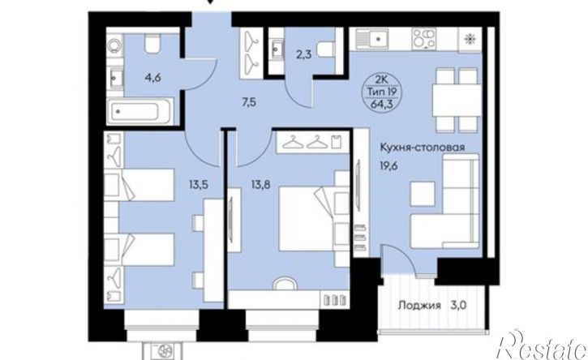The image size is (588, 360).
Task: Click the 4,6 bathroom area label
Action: pos(153,79)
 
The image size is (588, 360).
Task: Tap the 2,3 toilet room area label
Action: pos(304,55)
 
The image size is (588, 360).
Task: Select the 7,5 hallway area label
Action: pos(249,102)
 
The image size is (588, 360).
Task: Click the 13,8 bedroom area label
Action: pos(261,185)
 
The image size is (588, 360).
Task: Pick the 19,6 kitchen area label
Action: pos(389,165)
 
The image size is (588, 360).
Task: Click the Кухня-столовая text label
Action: pos(423,148)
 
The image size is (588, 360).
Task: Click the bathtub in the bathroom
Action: pos(139,111)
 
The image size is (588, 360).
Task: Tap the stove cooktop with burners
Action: pos(424,39)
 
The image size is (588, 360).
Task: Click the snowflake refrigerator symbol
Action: pos(469,39)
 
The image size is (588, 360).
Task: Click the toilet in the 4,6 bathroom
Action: pos(152,45)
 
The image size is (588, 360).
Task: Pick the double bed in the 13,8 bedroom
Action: pos(307,219)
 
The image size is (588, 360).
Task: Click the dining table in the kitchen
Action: pos(457,100)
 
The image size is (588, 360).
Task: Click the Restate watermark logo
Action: pos(542,345)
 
